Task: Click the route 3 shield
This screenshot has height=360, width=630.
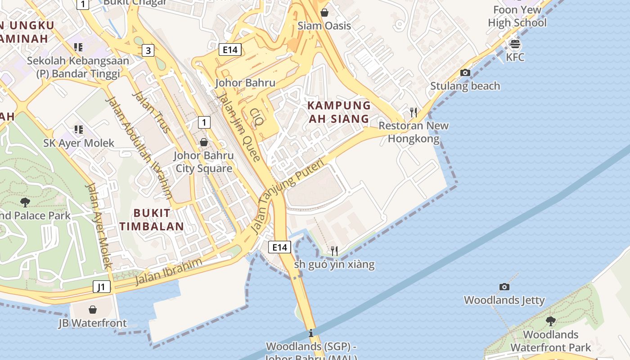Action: pos(148,50)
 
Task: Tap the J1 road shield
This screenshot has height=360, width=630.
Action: pos(102,287)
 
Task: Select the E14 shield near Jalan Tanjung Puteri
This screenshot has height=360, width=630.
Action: pos(279,247)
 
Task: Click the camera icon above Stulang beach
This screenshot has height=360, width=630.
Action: pos(465,73)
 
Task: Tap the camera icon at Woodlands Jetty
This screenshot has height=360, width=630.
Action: pos(504,287)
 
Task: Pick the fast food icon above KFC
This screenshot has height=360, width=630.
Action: pos(515,44)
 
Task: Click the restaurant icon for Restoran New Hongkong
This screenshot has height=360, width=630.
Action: pos(414,112)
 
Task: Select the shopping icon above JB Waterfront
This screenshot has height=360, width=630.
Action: pos(93,310)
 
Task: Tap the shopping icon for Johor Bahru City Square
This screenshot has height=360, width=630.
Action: pos(204,143)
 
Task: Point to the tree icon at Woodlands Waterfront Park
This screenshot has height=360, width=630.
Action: pos(550,321)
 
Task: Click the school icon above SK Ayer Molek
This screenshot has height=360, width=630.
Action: pos(79,130)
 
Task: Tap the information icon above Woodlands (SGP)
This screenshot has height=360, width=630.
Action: pos(311,333)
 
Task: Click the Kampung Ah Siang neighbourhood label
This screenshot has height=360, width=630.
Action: pos(339,112)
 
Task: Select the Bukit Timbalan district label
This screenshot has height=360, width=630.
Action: pos(152,220)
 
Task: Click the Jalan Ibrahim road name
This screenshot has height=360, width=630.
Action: pos(169,272)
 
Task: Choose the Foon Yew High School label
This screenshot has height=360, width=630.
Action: pos(517,16)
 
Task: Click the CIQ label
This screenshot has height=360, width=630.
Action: pos(256,118)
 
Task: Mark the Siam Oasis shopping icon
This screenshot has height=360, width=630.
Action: pos(324,13)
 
